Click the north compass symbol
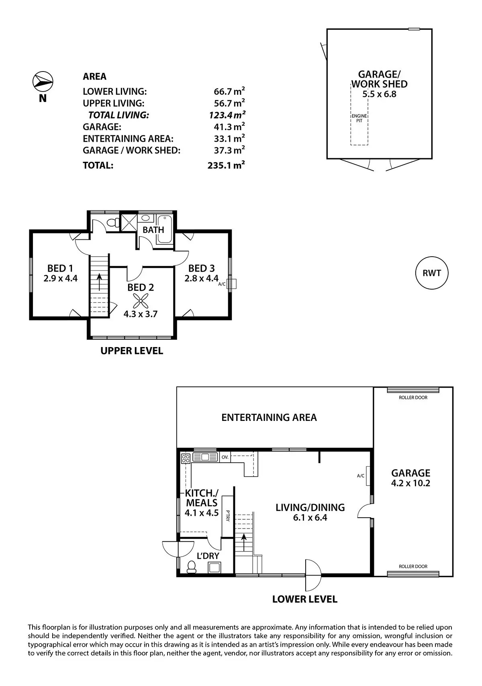pos(43,82)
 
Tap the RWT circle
pos(432,273)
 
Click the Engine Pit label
pos(359,118)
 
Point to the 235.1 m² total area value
pos(227,165)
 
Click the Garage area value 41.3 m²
pos(229,127)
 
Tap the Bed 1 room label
pos(60,268)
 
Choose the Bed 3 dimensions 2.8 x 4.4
pos(201,278)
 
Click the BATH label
pos(153,230)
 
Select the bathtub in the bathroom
pos(164,230)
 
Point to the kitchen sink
pos(205,457)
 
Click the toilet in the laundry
pos(191,567)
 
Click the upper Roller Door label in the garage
pos(413,398)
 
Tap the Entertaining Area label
pos(269,418)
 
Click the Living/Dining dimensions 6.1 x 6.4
pos(310,518)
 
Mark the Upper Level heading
pos(132,351)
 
